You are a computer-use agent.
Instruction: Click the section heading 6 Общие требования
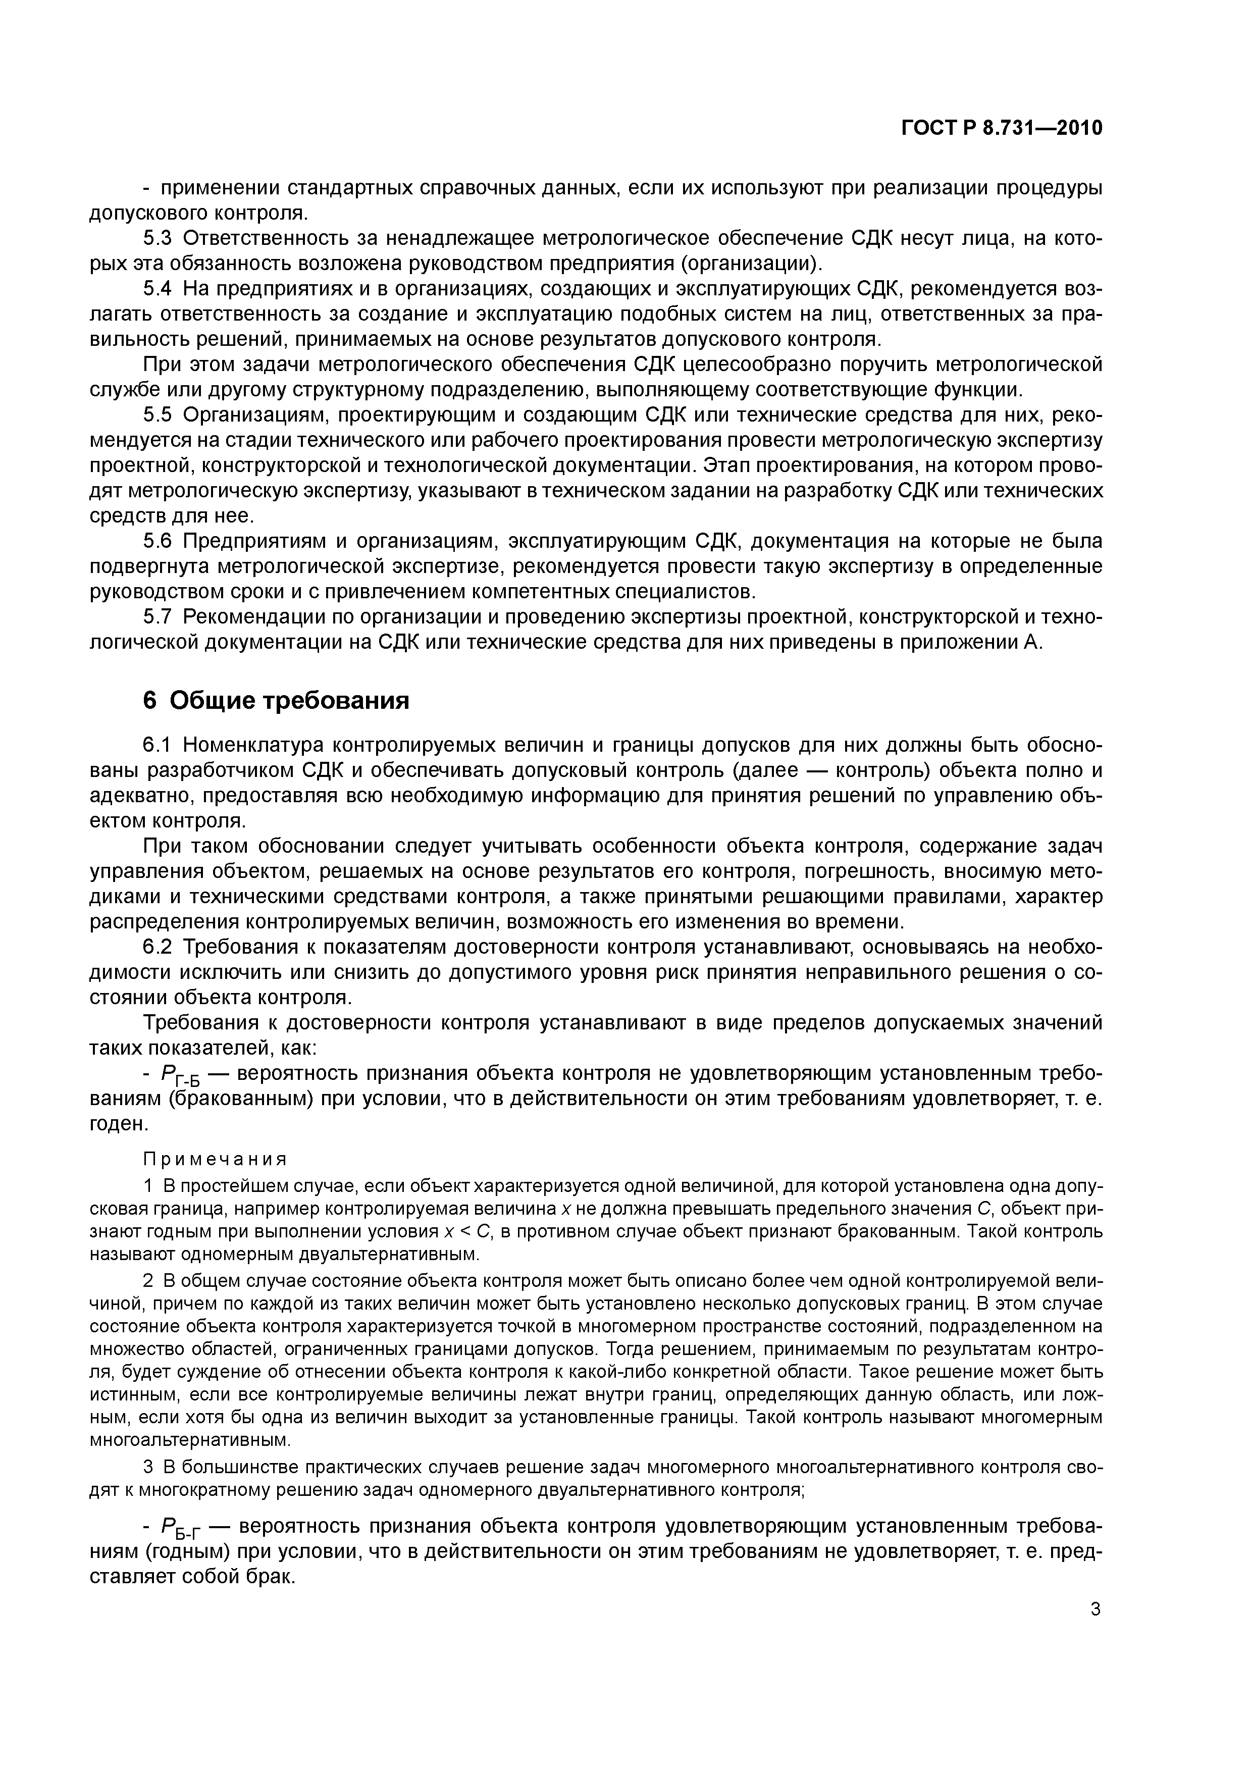[276, 700]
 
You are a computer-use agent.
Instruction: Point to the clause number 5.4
[158, 289]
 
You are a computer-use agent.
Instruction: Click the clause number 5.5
[158, 416]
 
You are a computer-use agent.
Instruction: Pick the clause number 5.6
[158, 542]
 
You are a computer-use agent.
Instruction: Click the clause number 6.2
[158, 947]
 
